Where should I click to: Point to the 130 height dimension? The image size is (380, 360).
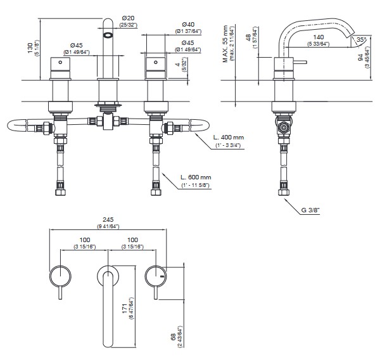30,49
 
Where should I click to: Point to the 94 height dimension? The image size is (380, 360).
369,60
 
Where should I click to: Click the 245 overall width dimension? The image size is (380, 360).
107,219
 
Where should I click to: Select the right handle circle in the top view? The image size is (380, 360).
156,276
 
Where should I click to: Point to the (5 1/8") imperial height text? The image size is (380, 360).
37,49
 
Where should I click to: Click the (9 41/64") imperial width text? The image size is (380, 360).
107,226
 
